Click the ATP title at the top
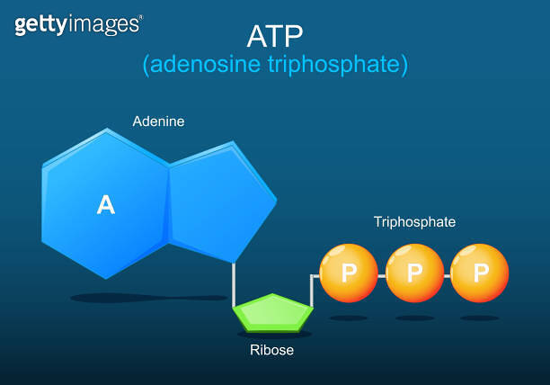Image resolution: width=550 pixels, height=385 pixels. click(x=275, y=35)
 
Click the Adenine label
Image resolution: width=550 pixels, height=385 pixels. click(x=158, y=121)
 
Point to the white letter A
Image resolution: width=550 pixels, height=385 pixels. click(x=106, y=206)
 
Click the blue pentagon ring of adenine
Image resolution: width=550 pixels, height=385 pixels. click(x=218, y=202)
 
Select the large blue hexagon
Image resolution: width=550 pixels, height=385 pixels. click(x=103, y=202)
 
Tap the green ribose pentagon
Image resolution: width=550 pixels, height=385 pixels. click(x=273, y=313)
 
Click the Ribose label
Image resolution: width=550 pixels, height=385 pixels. click(x=271, y=350)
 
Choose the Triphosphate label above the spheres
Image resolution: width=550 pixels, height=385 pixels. click(x=414, y=221)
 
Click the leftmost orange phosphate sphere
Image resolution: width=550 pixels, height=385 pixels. click(x=349, y=273)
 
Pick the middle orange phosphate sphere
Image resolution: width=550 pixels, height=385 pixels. click(x=414, y=273)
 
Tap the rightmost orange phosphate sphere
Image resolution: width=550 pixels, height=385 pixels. click(x=480, y=273)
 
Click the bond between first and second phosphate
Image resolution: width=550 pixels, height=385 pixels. click(x=381, y=273)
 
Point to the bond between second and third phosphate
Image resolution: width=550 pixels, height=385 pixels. click(x=447, y=273)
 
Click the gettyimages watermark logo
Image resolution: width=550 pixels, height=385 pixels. click(x=78, y=24)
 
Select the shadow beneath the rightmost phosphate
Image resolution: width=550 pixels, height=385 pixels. click(x=480, y=318)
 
